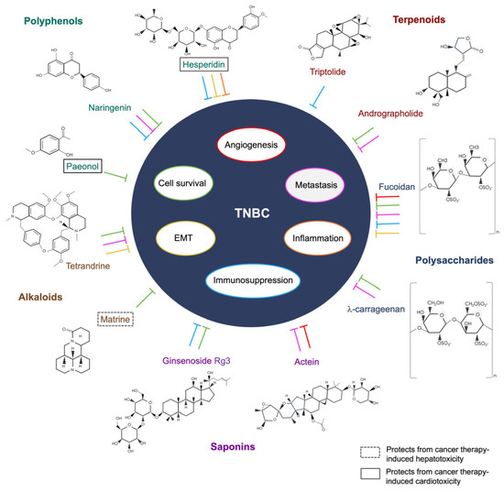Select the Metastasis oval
click(317, 184)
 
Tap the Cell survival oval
click(185, 181)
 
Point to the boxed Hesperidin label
click(203, 65)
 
